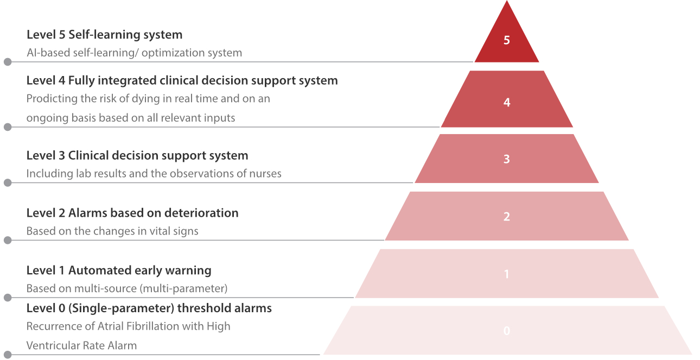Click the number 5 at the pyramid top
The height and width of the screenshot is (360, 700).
[x=507, y=40]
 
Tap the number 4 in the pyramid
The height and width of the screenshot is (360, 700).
[x=507, y=102]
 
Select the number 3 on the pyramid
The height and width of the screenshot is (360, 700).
[x=507, y=159]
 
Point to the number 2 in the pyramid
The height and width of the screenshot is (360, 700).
[x=507, y=217]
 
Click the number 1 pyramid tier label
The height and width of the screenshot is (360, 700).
[x=507, y=274]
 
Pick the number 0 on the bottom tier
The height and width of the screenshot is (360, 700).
[x=507, y=331]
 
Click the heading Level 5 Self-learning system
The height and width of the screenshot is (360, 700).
[x=104, y=35]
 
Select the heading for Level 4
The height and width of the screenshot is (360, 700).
[x=182, y=80]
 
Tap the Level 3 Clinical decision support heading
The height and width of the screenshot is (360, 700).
[x=137, y=155]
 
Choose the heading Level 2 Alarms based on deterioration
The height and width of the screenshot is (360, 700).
[x=132, y=213]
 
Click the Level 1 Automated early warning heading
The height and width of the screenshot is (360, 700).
[x=119, y=270]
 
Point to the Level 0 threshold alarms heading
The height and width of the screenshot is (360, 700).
[x=149, y=308]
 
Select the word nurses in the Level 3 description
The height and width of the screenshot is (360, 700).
[x=265, y=174]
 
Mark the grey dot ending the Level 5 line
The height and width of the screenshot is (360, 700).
[x=8, y=62]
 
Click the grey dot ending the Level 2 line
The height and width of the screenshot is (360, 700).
[x=8, y=240]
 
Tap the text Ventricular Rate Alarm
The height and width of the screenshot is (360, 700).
[x=81, y=345]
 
